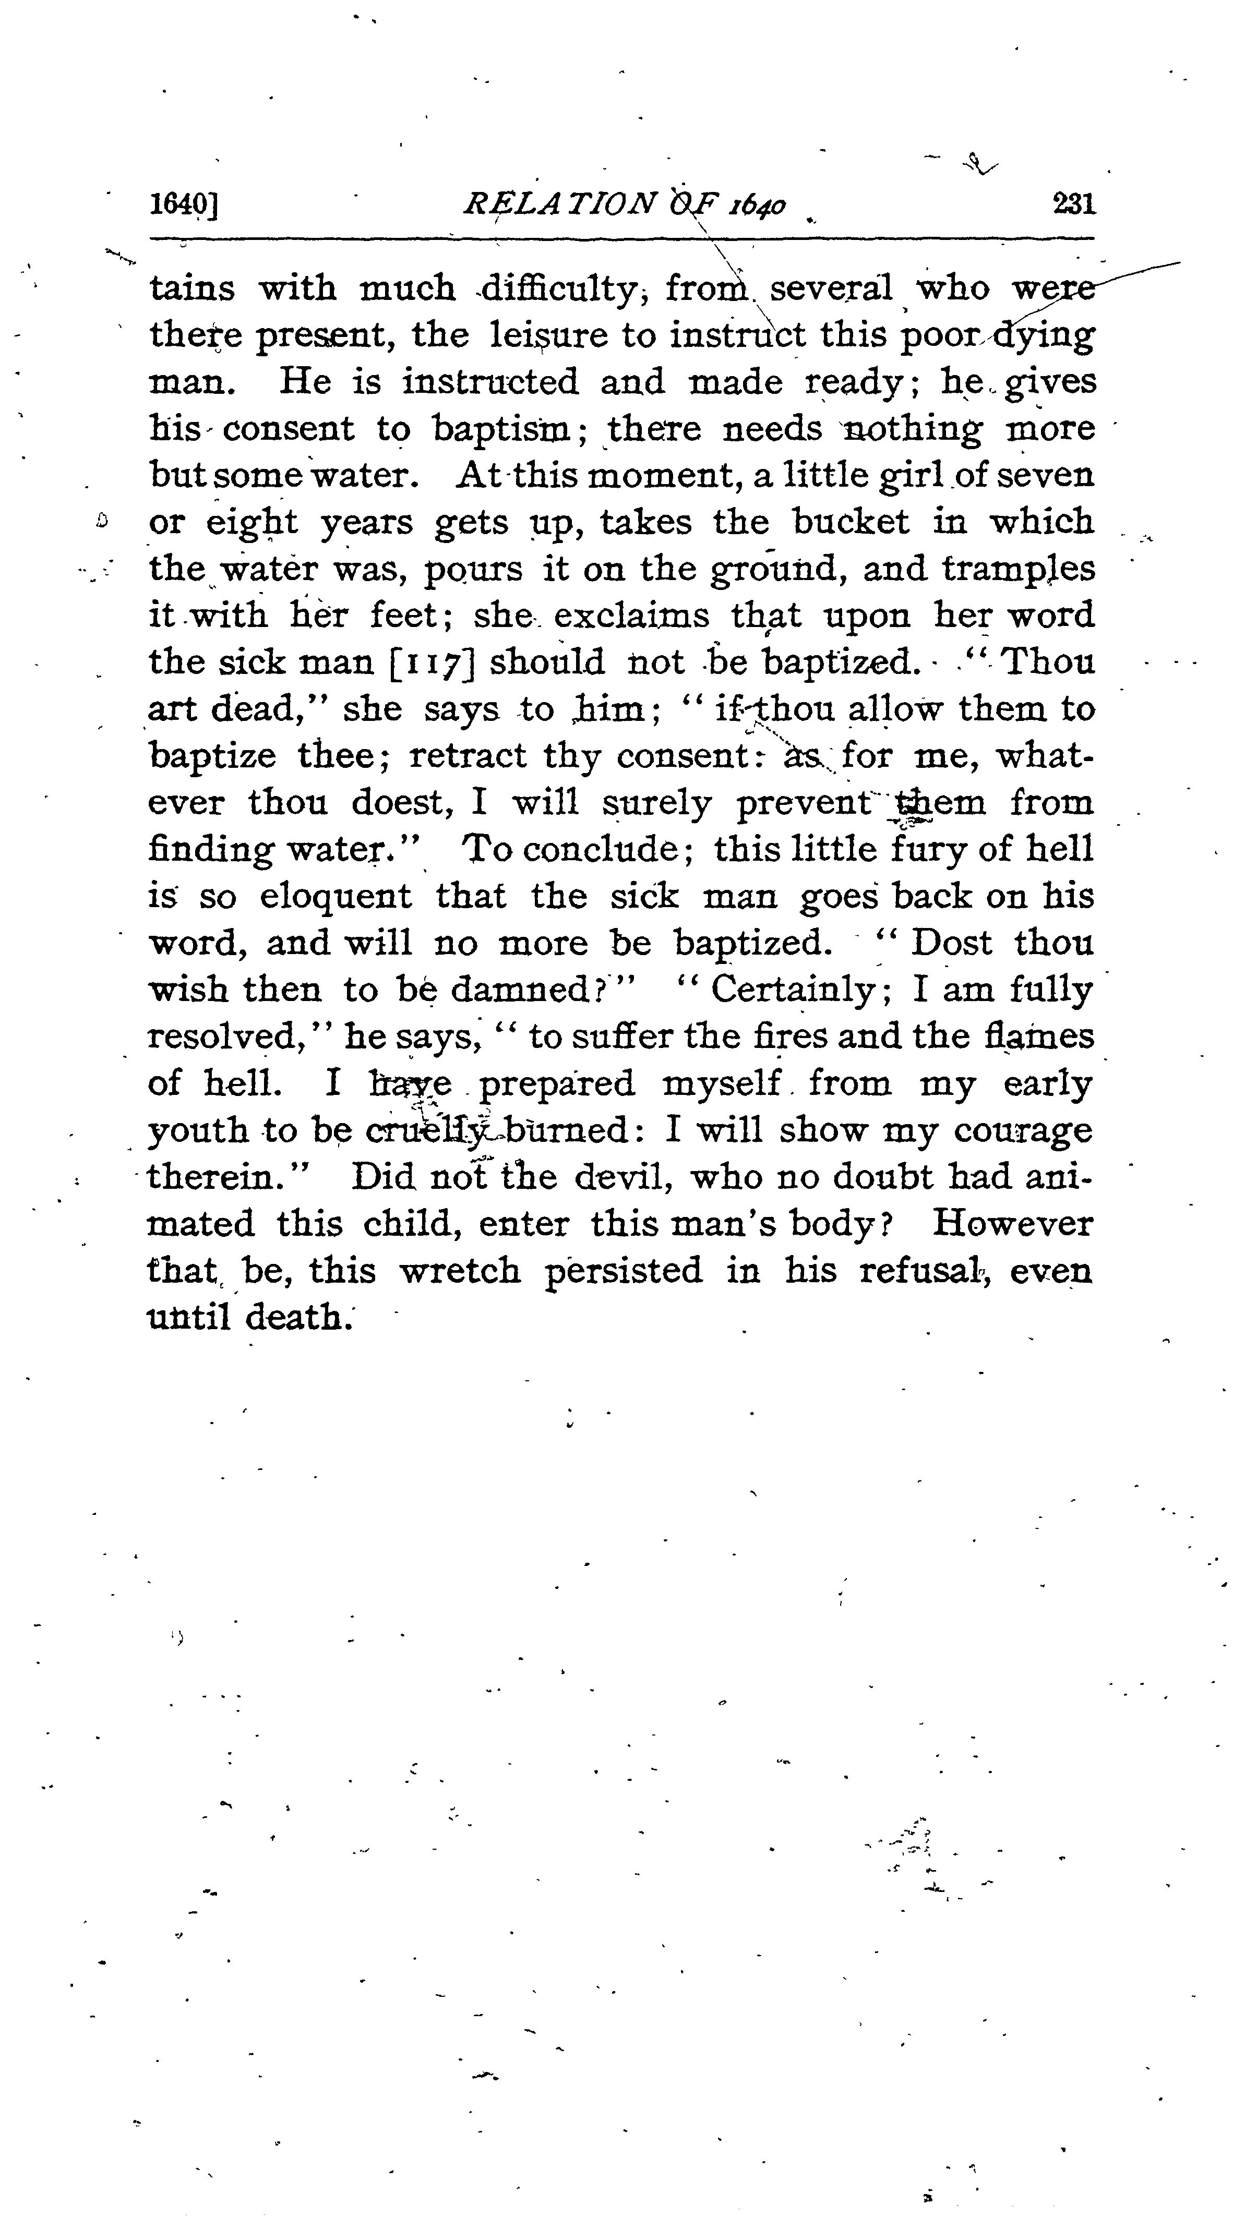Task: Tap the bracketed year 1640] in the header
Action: (x=183, y=205)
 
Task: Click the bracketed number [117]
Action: (x=432, y=663)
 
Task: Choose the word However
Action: (x=1012, y=1224)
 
